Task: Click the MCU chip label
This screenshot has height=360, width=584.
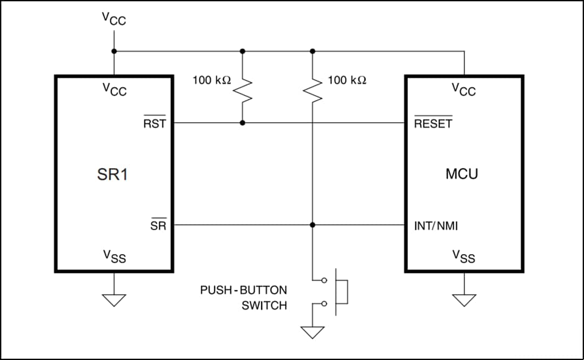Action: pyautogui.click(x=462, y=174)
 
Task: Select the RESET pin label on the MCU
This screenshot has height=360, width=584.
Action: pyautogui.click(x=433, y=123)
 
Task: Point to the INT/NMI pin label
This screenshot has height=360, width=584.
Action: pyautogui.click(x=435, y=225)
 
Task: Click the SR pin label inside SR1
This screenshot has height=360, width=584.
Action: pyautogui.click(x=158, y=225)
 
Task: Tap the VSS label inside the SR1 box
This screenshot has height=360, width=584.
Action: pyautogui.click(x=114, y=256)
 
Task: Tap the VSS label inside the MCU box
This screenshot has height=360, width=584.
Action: pyautogui.click(x=464, y=256)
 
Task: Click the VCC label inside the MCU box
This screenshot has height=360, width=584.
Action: pyautogui.click(x=464, y=89)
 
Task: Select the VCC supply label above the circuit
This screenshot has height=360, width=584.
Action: pyautogui.click(x=114, y=18)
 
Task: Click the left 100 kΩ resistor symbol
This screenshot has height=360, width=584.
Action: pyautogui.click(x=242, y=89)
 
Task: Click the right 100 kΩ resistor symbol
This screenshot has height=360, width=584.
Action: pyautogui.click(x=312, y=89)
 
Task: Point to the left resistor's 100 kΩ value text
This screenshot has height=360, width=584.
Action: pyautogui.click(x=211, y=81)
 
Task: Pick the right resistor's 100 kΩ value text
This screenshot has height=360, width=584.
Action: pyautogui.click(x=347, y=81)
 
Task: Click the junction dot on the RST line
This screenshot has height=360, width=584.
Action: pyautogui.click(x=242, y=123)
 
